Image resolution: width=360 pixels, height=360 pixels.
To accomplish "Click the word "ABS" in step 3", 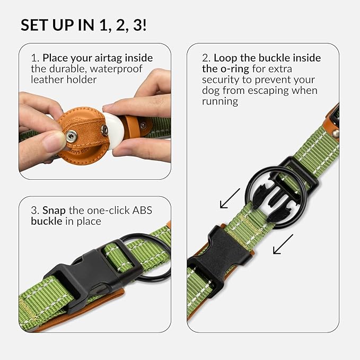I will point(142,210).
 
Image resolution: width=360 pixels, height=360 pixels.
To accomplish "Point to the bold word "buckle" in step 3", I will point(46,221).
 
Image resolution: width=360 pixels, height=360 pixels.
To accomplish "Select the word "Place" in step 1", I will point(55,58).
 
